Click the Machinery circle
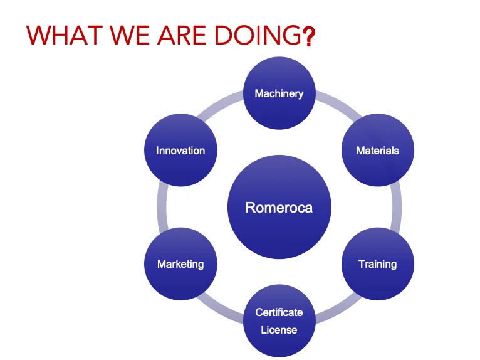pos(279,93)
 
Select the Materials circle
pos(377,151)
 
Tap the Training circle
pos(377,263)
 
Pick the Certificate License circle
pos(279,320)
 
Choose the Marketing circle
pos(180,263)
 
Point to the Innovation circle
pos(180,151)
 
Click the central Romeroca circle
pos(279,208)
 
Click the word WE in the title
pos(128,36)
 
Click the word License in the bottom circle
pos(279,329)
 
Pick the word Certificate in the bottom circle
pos(279,312)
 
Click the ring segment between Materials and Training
pos(397,207)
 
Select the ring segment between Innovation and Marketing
pos(161,207)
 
